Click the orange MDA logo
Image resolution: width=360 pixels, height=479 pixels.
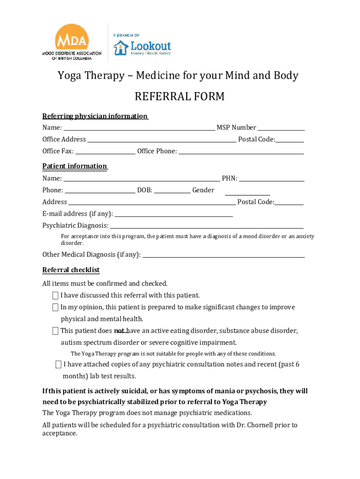[72, 38]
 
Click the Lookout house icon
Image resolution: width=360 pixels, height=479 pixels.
[121, 48]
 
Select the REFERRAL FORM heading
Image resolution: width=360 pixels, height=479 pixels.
[180, 97]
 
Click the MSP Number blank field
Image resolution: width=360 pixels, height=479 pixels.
[281, 127]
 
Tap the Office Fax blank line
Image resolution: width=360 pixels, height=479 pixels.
[105, 151]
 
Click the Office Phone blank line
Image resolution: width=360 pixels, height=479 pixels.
[241, 151]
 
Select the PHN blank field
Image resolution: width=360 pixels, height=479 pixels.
[272, 178]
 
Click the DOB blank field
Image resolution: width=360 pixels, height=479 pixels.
[172, 189]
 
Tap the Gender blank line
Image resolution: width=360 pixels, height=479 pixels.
[247, 192]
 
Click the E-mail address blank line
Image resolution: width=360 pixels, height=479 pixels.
[173, 214]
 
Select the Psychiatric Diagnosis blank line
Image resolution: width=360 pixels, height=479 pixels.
[206, 225]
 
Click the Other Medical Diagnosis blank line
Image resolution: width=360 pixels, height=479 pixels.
[223, 254]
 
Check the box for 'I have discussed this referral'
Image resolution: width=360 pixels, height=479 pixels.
[55, 295]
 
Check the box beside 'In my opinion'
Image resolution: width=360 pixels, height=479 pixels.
[55, 307]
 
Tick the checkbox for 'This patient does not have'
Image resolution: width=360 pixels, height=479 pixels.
[55, 331]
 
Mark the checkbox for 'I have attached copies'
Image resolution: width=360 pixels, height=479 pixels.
[58, 364]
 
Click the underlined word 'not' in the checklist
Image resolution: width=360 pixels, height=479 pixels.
[119, 331]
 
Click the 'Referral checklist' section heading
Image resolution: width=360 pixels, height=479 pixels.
[71, 270]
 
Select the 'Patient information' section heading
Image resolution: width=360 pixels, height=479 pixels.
[75, 166]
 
